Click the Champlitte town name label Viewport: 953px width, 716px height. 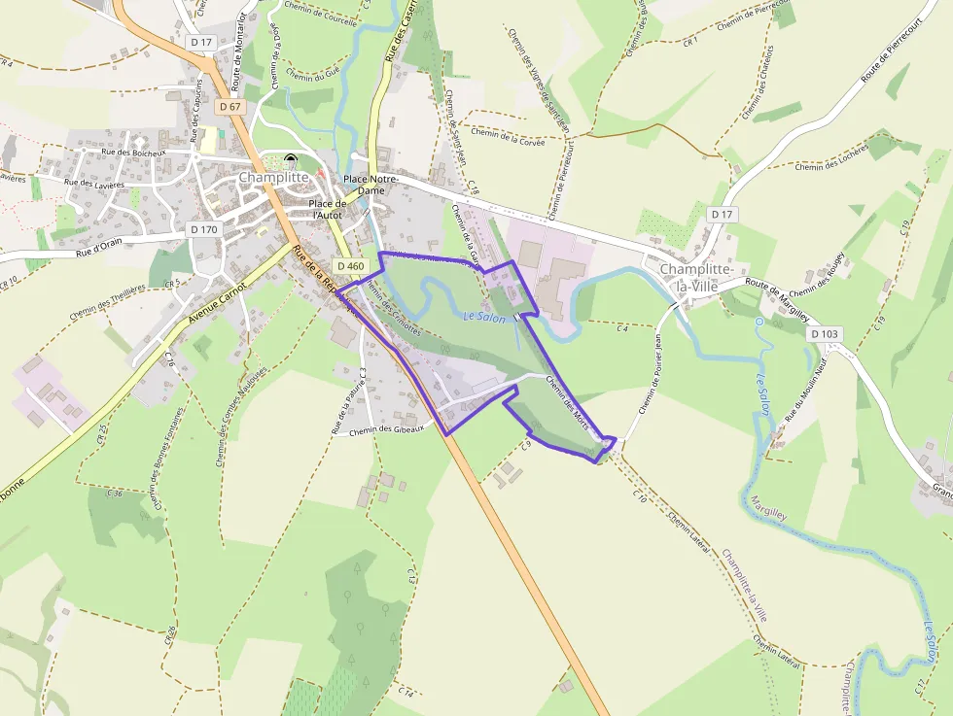[273, 179]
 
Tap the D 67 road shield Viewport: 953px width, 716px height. [229, 106]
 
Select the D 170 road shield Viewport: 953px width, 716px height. [204, 229]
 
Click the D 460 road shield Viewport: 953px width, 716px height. [349, 266]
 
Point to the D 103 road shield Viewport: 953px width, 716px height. [824, 333]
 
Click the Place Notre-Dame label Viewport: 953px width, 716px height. [371, 185]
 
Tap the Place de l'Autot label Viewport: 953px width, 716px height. [327, 209]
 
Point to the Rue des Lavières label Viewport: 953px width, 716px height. [94, 184]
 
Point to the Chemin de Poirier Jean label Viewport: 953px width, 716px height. [650, 373]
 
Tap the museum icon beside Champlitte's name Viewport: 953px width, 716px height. [292, 161]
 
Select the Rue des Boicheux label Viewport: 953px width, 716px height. [134, 153]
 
